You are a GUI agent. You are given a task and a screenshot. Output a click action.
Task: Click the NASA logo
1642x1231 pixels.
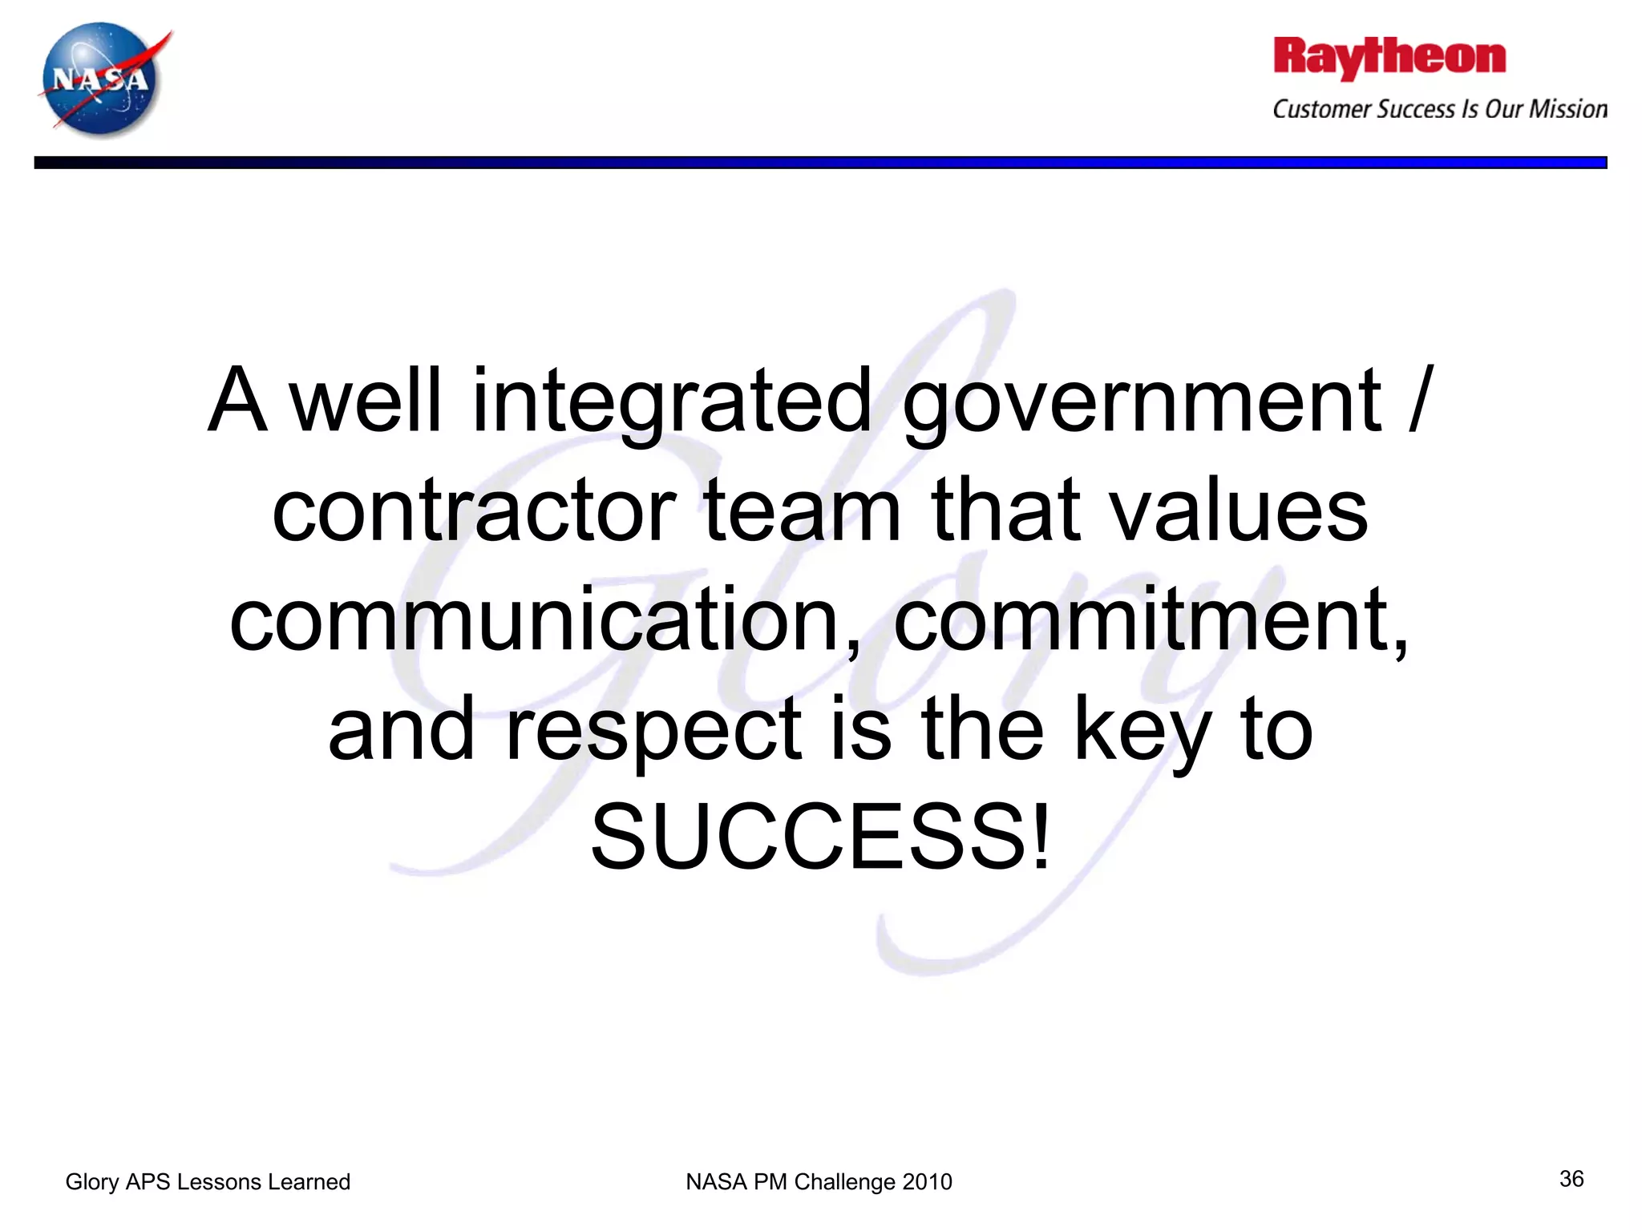click(102, 79)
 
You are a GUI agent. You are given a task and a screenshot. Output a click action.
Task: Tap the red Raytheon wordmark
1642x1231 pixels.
click(1389, 58)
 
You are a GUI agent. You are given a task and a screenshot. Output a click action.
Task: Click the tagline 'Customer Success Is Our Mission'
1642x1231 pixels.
click(1439, 109)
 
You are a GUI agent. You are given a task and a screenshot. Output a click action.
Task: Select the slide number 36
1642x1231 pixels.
click(1571, 1178)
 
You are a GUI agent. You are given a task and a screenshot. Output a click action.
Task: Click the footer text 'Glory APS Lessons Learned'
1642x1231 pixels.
click(208, 1181)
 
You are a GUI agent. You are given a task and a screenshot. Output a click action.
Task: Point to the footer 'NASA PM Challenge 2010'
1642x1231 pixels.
click(819, 1181)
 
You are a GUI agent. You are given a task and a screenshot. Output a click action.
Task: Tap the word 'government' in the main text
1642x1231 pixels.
click(1142, 401)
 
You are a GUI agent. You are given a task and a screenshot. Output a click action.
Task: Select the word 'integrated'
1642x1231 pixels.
click(671, 401)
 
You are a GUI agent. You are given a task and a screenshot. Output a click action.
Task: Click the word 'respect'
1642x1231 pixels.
click(653, 729)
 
